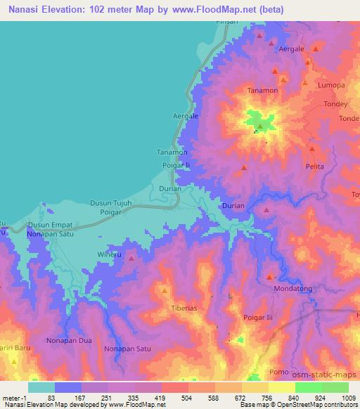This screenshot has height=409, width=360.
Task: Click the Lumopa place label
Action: [331, 85]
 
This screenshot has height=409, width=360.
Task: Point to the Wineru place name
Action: [110, 254]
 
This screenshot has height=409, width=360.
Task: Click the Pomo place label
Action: [278, 371]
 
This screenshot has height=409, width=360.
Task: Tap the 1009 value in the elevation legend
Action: [348, 397]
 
